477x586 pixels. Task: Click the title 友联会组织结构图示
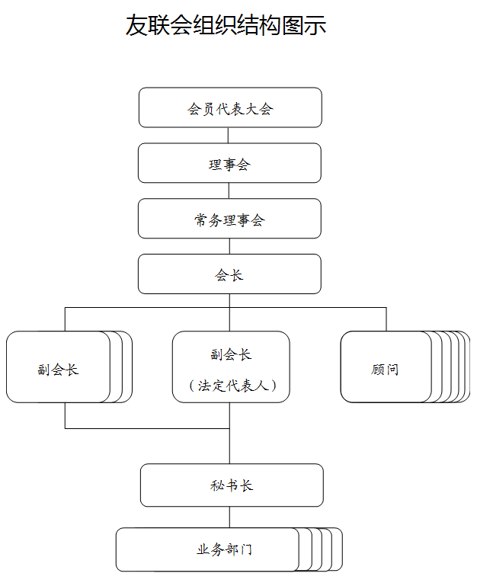(226, 25)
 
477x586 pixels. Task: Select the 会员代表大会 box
(230, 107)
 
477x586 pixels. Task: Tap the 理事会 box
(229, 163)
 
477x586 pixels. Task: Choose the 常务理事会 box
(229, 219)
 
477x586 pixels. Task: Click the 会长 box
(229, 274)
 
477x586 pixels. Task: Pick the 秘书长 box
(232, 485)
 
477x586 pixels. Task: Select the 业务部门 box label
(225, 549)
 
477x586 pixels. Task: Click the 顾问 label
(385, 370)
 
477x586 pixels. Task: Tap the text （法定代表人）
(232, 386)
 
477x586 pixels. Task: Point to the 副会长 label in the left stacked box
(58, 370)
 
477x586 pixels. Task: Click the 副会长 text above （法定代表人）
(231, 354)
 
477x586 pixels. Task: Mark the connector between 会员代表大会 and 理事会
(228, 136)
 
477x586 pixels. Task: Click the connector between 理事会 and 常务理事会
(229, 191)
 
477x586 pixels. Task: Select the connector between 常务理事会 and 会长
(229, 246)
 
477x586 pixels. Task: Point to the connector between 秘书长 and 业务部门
(229, 517)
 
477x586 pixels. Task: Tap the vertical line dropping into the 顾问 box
(386, 319)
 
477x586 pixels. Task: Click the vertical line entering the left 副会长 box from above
(65, 319)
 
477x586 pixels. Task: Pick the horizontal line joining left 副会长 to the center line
(147, 428)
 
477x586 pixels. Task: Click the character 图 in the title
(293, 25)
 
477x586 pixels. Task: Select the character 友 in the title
(136, 25)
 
